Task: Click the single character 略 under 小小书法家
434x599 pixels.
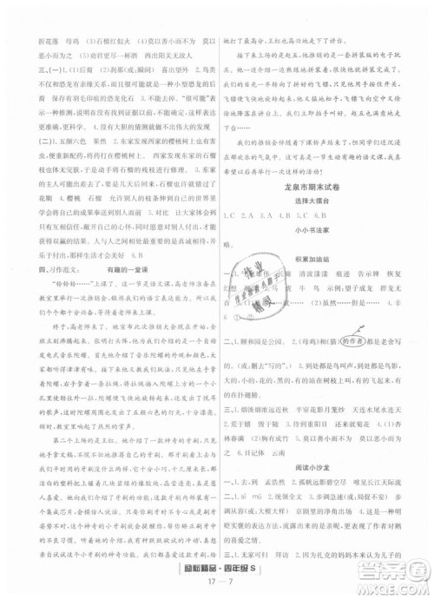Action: click(x=227, y=246)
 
